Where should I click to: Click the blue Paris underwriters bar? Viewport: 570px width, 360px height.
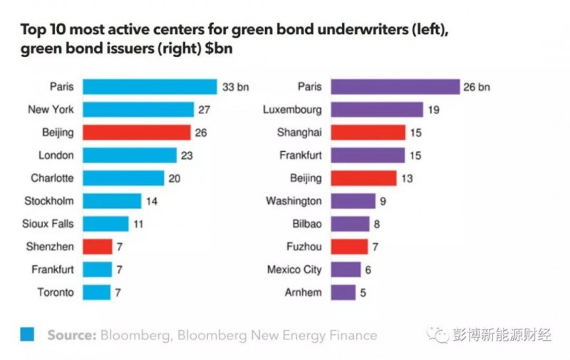click(150, 87)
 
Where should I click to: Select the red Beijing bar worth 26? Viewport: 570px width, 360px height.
click(137, 133)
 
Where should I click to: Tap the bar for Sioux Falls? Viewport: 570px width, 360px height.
click(105, 224)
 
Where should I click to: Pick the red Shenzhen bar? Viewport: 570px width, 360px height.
click(98, 247)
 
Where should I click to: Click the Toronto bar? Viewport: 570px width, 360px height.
click(97, 292)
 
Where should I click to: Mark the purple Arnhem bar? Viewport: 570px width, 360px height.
click(344, 292)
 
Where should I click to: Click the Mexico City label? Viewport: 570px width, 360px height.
click(294, 269)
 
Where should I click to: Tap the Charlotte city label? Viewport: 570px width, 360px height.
click(53, 178)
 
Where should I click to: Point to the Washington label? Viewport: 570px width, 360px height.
click(294, 201)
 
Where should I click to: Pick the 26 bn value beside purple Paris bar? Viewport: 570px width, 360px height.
click(478, 87)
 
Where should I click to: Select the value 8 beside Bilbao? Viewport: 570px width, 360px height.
click(378, 224)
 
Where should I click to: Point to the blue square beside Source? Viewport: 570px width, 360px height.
click(28, 334)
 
